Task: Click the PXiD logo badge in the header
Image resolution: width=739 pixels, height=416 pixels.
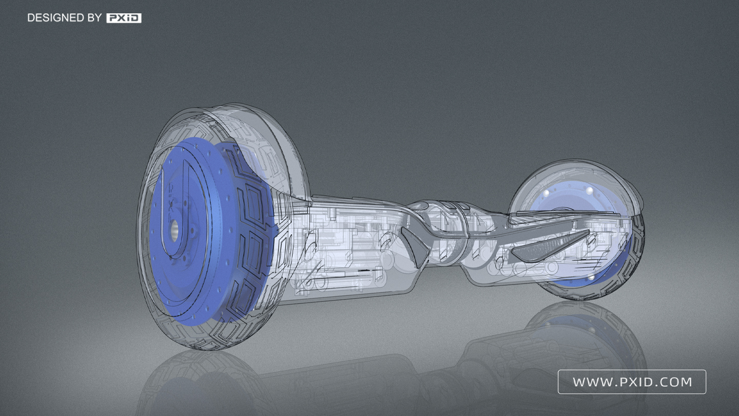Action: [124, 18]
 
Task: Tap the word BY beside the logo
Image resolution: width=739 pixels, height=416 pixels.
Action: [95, 18]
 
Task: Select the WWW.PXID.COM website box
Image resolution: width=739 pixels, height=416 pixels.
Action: [632, 382]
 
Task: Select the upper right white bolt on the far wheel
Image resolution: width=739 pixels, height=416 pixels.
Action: [590, 191]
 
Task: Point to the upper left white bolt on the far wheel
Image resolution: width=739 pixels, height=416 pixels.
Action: [547, 192]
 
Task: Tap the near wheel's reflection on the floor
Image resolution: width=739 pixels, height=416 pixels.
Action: [205, 380]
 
